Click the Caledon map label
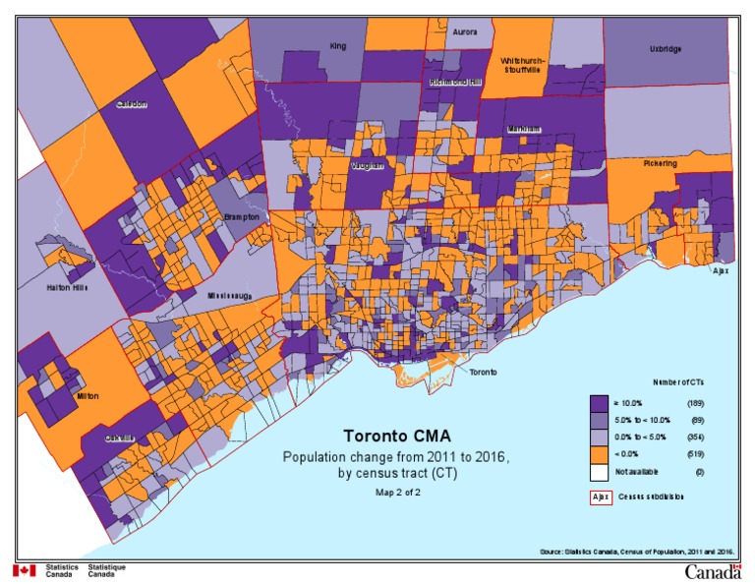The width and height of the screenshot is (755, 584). [132, 104]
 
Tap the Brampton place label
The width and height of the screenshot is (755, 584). [241, 216]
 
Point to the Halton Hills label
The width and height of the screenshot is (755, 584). [67, 287]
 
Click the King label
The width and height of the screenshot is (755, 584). [338, 45]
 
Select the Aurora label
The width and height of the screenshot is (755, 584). [464, 32]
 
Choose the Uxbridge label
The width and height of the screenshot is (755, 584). [665, 48]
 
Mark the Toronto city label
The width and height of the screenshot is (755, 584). [483, 373]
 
